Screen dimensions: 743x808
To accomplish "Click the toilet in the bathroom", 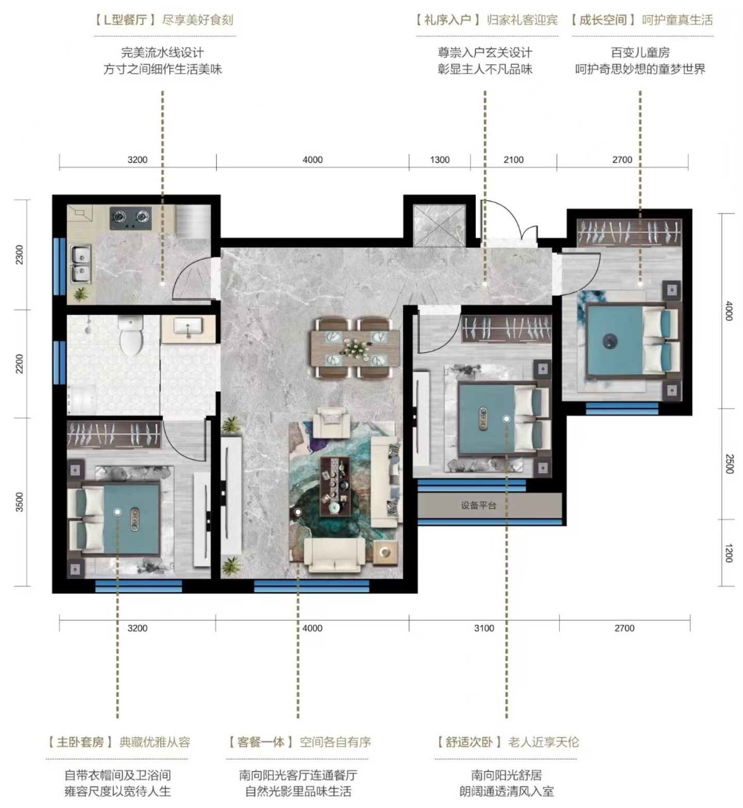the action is pos(130,335).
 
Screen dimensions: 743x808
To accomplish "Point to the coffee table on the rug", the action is pos(335,486).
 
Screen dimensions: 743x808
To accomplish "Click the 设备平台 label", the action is pos(478,505).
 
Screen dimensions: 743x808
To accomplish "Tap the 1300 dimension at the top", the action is pos(440,160).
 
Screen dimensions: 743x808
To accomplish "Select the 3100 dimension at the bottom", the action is pos(484,628).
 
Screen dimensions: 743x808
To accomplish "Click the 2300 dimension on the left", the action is pos(20,255).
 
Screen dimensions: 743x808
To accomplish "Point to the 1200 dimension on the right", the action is pos(729,553).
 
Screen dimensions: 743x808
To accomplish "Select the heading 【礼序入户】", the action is pos(448,20).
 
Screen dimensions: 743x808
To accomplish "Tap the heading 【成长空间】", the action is pos(603,20).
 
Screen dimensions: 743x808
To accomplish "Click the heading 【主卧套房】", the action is pos(80,743).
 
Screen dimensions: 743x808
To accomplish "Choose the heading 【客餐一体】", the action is pos(261,743).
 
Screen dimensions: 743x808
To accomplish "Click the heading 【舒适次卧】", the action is pos(470,743).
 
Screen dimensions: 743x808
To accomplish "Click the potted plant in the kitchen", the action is pos(80,294).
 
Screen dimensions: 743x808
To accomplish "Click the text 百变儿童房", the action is pos(640,53).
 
